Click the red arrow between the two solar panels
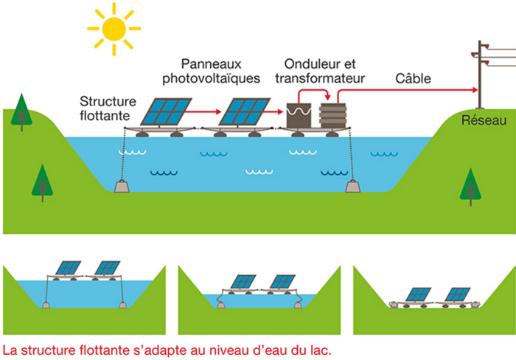pyautogui.click(x=206, y=111)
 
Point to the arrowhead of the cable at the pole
pyautogui.click(x=474, y=89)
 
